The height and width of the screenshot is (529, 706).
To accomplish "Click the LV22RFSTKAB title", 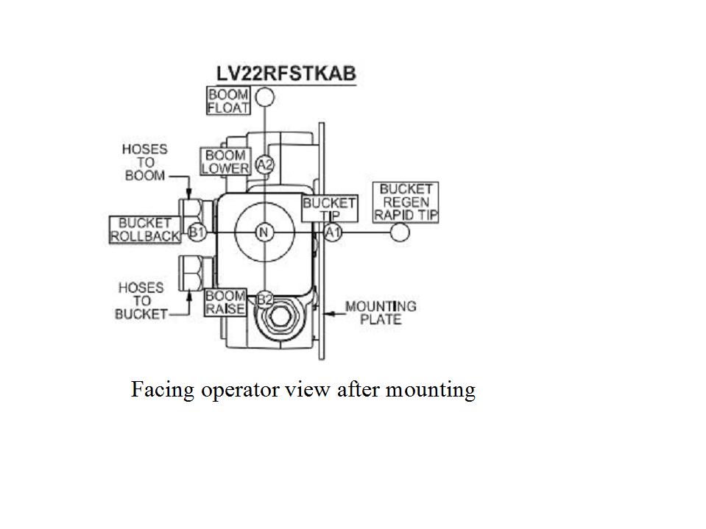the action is point(286,74).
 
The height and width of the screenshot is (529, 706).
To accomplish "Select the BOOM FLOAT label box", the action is point(228,101).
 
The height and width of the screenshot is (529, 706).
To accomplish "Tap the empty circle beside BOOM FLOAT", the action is point(265,96).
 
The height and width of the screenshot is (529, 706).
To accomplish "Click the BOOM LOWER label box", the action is point(225,161).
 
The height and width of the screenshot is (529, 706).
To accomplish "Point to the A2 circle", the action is point(265,165).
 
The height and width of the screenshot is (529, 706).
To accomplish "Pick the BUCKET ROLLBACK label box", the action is point(145,230).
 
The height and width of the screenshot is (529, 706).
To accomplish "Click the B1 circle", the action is point(197,232).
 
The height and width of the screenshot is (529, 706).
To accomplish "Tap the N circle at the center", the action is point(264,232).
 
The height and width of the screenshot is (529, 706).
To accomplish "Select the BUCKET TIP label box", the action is point(330,208).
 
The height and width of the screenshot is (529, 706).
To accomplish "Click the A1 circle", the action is point(333,232).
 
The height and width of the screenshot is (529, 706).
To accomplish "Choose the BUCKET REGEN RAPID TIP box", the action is point(406,202).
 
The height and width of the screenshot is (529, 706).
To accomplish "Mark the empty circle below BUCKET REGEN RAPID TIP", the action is point(399,232).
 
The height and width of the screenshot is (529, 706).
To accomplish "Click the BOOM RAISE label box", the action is point(225,302).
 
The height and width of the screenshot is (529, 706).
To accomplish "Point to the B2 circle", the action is point(265,299).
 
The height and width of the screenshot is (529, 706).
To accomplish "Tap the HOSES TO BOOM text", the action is point(145,163).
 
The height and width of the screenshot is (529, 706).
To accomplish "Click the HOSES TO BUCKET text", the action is point(141,301).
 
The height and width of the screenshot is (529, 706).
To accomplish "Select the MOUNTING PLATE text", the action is point(381,313).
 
